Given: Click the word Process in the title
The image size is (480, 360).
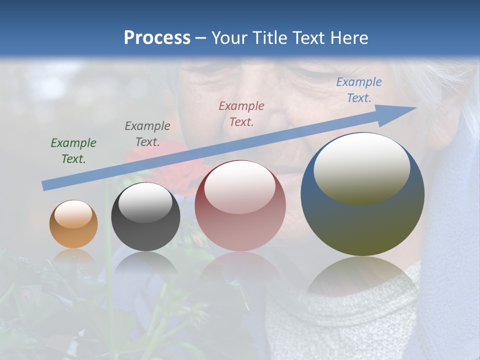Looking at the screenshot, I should pos(157,38).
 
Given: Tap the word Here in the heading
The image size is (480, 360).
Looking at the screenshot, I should pos(349,38).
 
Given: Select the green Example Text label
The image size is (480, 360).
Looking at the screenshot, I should pos(73,151).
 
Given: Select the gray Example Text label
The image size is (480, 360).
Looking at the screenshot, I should pos(147,133).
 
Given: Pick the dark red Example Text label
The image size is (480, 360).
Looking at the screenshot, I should pos(241,113).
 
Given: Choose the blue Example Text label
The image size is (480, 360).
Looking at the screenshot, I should pos(358,90).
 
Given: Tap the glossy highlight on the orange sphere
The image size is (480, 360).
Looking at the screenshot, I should pos(73,214).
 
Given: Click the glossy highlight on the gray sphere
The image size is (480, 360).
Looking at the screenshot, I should pos(145,202).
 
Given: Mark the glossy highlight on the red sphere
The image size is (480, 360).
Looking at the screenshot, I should pos(240,187).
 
